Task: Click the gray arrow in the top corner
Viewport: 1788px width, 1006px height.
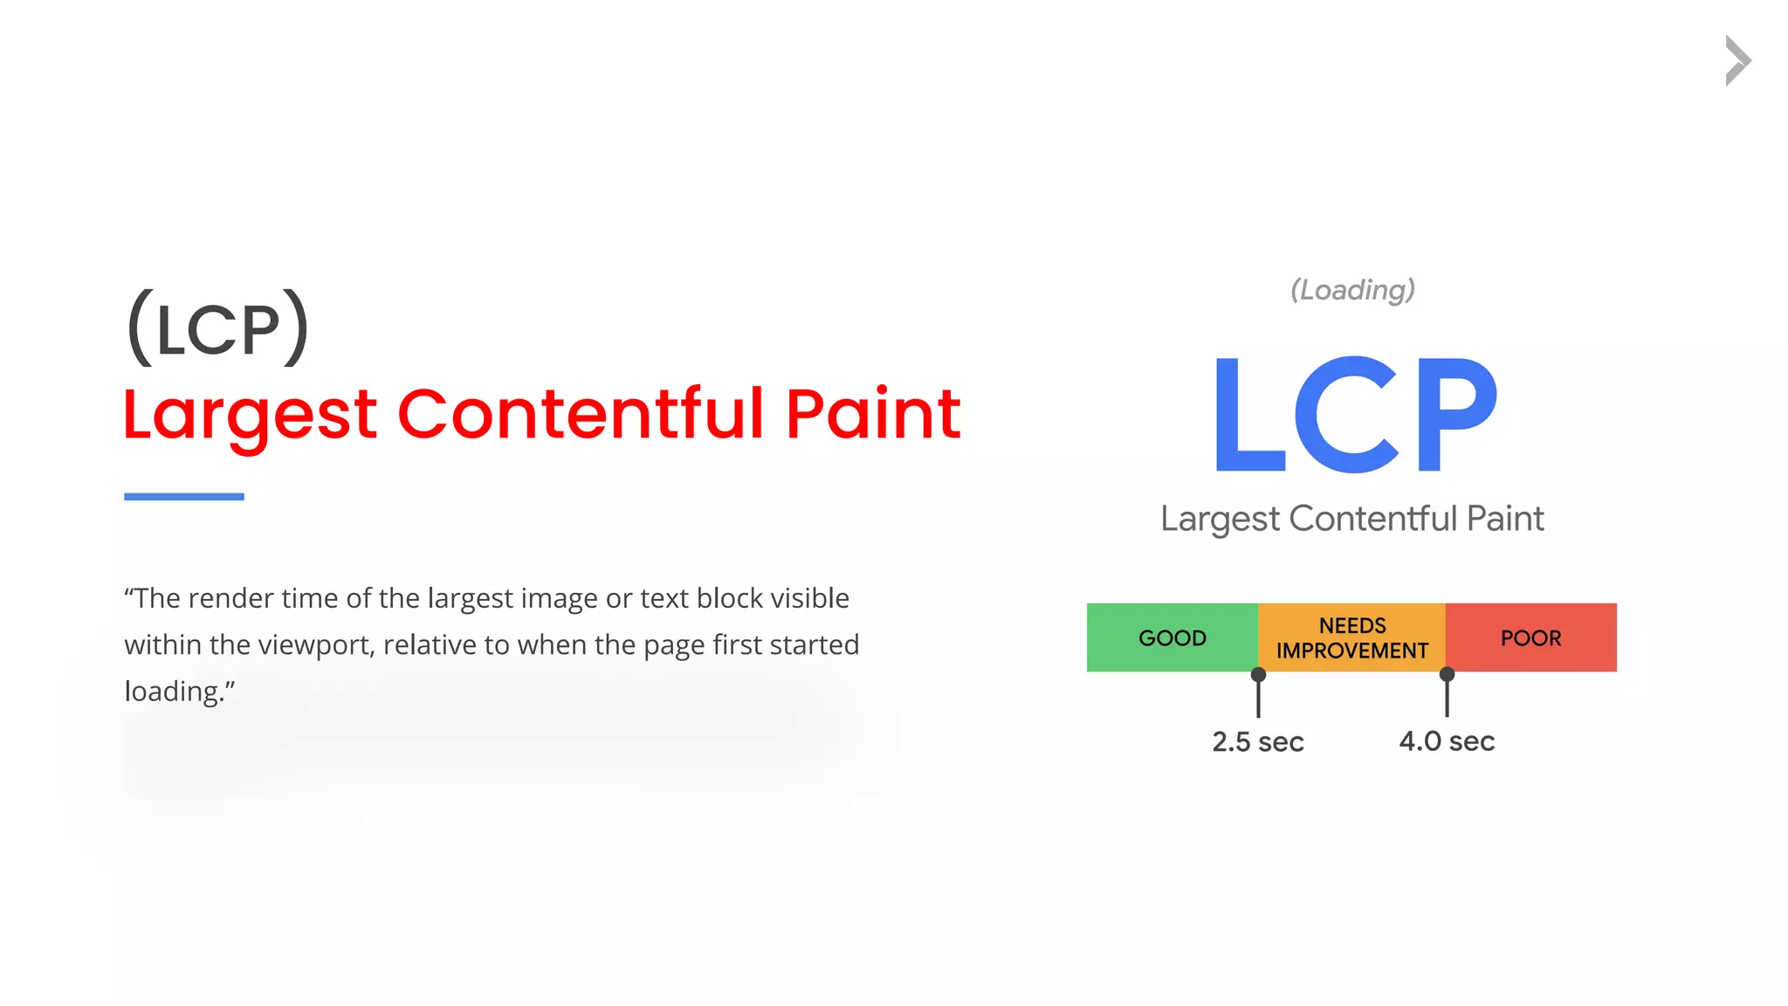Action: [x=1737, y=61]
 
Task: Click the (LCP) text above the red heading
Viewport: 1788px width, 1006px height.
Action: [x=218, y=328]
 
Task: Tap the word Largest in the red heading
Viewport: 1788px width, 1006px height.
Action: [x=250, y=416]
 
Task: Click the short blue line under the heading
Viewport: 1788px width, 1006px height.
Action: [x=184, y=497]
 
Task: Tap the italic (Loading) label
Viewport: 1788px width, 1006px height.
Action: [x=1352, y=290]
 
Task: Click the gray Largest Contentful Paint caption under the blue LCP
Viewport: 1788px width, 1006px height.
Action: [x=1351, y=519]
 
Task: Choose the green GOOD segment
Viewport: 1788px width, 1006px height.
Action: [x=1173, y=637]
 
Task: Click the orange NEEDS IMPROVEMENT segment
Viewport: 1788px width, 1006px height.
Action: [x=1351, y=637]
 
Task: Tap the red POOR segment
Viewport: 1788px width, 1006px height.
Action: [x=1530, y=637]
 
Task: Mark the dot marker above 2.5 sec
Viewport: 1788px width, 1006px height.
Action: [x=1258, y=674]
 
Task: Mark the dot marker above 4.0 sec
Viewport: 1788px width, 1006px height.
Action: [x=1447, y=674]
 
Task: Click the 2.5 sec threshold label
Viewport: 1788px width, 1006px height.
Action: [x=1257, y=741]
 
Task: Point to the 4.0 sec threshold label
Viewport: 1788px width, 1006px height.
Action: [x=1447, y=741]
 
